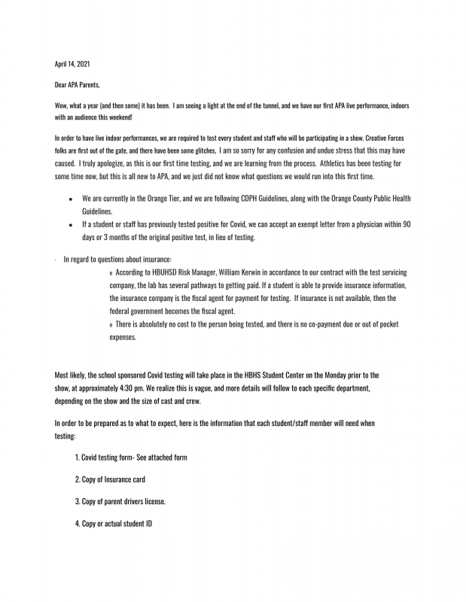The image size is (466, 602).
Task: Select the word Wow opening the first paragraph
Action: pos(61,107)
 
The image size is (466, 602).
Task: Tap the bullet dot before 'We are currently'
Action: pos(70,199)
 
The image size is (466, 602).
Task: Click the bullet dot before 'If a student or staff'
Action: pos(70,225)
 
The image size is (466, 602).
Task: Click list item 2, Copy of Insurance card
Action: pos(110,479)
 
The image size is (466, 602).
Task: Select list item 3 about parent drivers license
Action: pos(120,501)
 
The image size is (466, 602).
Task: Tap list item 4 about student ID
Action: pos(114,523)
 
